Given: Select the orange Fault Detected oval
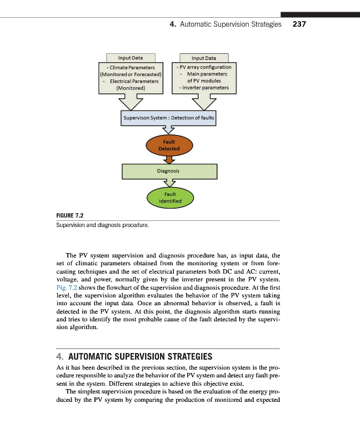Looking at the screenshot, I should point(167,145).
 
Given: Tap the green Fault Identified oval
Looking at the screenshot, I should point(169,197).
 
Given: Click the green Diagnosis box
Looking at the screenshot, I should point(169,171).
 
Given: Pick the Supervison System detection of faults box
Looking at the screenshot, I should point(168,118).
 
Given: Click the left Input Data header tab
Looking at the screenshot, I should point(130,58).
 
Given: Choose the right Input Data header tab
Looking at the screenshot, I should point(204,58).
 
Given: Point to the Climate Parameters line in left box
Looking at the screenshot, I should point(131,67).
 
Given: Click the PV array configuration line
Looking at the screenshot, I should point(204,67).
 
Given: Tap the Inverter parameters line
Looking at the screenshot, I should point(203,88).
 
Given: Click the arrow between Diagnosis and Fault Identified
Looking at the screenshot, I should point(169,184).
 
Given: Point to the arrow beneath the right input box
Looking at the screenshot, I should point(203,102).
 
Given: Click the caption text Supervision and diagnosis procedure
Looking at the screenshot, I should point(103,226).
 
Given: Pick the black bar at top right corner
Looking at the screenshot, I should point(320,14).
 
